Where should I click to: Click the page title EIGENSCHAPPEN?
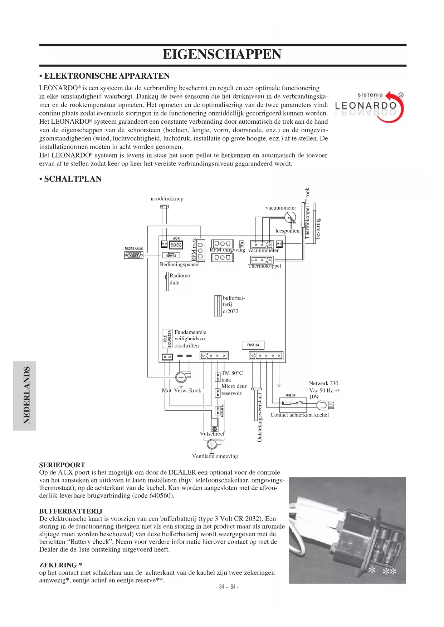(x=222, y=54)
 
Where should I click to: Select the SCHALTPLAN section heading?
(x=70, y=179)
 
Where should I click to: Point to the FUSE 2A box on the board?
(x=253, y=345)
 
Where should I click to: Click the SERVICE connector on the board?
(x=171, y=255)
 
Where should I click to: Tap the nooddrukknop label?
(x=167, y=199)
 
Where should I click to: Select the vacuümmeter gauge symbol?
(x=291, y=217)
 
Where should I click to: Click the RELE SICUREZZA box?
(x=167, y=339)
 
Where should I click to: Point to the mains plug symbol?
(x=325, y=405)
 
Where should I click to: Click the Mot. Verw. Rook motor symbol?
(x=181, y=377)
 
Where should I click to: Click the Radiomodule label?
(x=180, y=279)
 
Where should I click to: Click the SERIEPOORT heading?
(x=62, y=465)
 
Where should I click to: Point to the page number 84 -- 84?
(x=227, y=587)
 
